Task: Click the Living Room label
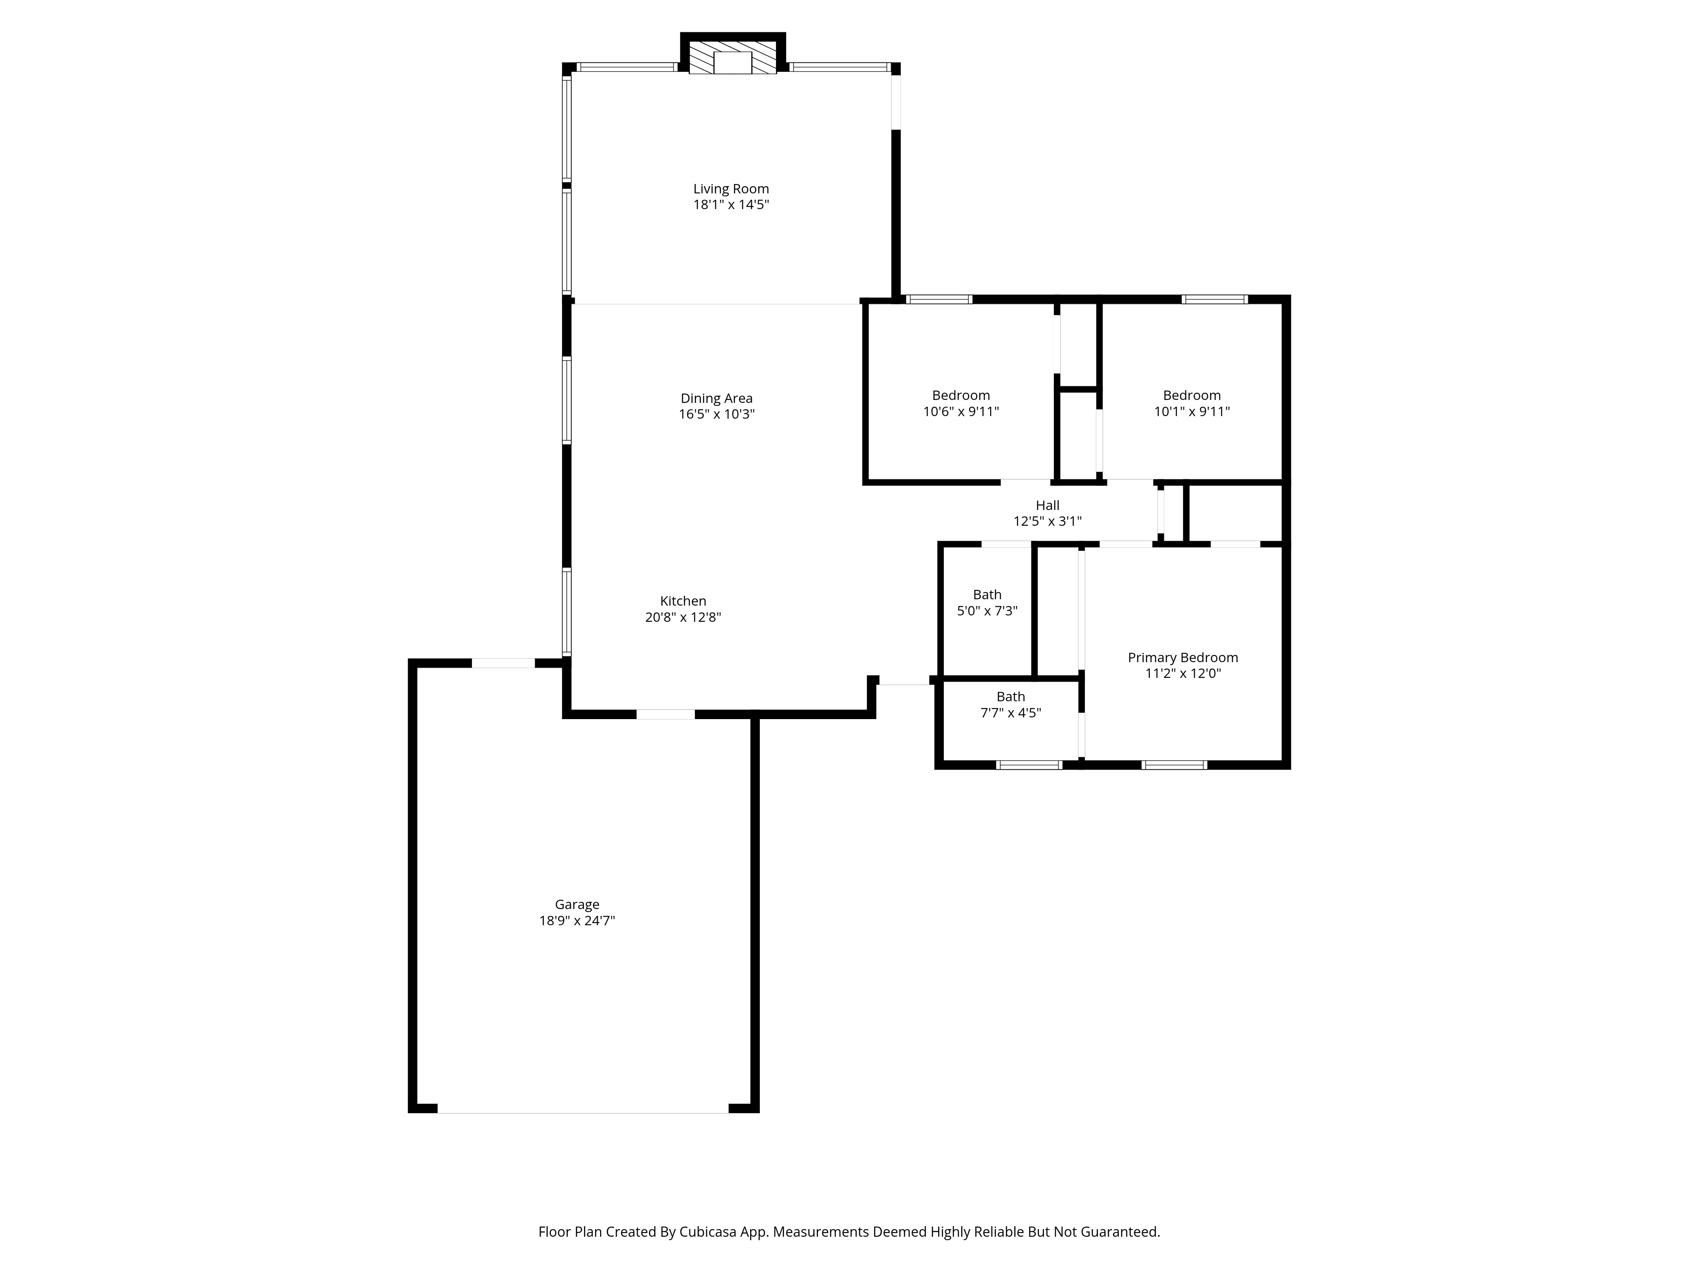(731, 189)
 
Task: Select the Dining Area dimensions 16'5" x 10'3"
(717, 414)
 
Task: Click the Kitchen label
(683, 601)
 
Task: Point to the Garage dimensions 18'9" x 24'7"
(577, 921)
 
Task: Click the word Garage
(577, 904)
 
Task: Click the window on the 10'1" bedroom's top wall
(1214, 299)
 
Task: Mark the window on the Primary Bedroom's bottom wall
(1174, 765)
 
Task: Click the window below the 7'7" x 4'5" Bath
(1029, 765)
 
